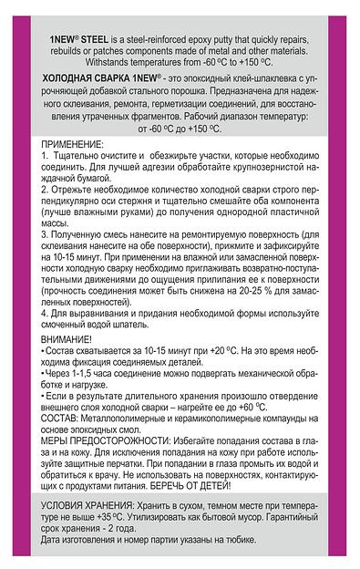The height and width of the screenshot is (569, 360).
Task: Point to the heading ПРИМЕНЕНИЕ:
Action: (73, 145)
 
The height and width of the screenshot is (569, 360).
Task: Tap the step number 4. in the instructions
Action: (46, 313)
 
